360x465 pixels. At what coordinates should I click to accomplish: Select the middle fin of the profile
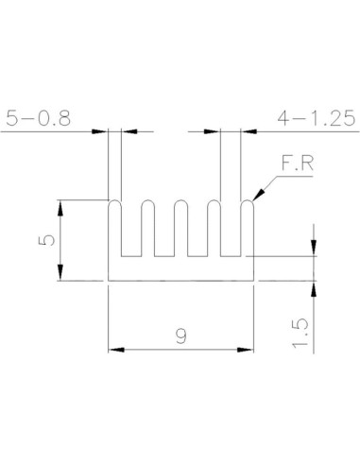coord(180,232)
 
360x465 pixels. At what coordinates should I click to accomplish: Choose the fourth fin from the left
coord(214,232)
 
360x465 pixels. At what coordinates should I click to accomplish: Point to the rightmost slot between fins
coord(231,236)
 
